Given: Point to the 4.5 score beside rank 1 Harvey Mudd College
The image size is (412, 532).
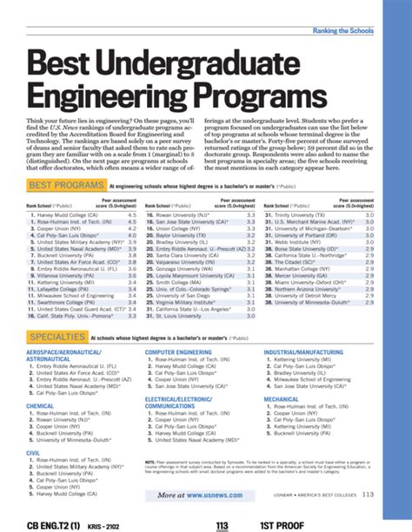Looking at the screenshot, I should (132, 189).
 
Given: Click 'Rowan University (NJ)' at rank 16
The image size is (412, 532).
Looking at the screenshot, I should (182, 189).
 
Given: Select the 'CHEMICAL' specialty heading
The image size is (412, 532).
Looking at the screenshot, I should (41, 405).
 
